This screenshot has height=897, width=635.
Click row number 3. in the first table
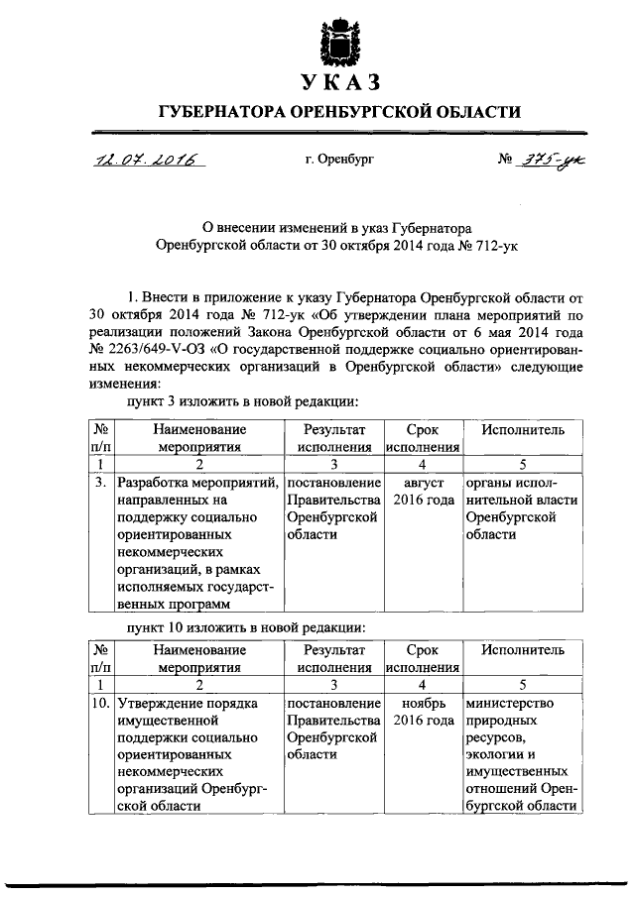[101, 484]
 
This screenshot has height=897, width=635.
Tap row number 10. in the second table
[100, 704]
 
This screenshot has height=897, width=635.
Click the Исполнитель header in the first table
[523, 430]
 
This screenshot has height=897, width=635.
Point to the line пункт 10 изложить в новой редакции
[243, 627]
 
